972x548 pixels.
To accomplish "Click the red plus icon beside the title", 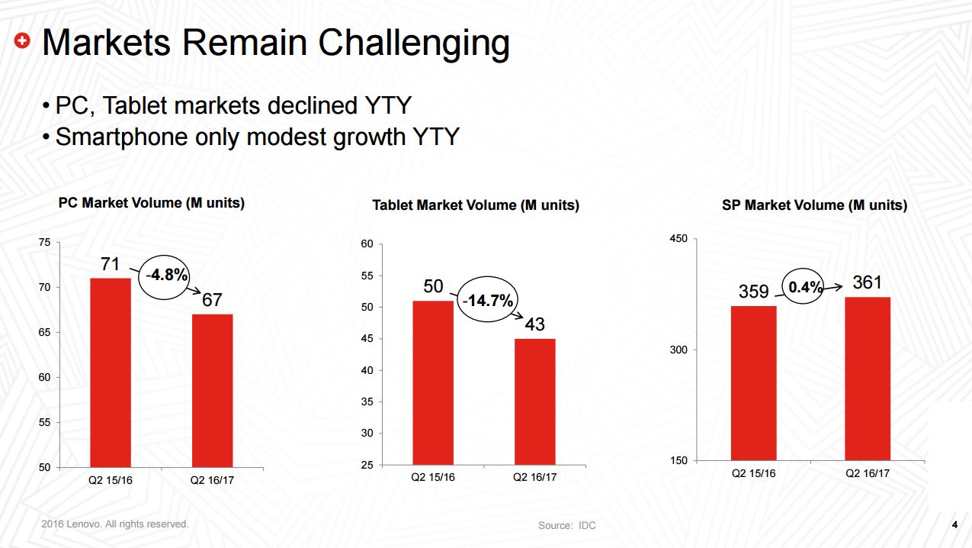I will (24, 42).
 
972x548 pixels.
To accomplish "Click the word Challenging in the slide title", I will (414, 44).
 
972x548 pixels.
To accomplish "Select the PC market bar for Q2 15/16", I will (111, 372).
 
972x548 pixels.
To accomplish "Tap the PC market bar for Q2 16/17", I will (212, 390).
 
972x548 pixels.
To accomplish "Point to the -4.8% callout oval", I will (165, 275).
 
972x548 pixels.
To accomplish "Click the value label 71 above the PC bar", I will (111, 264).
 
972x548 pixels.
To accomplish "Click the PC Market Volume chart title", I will (152, 203).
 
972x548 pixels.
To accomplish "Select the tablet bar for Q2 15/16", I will (433, 382).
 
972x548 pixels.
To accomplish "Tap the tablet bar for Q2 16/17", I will (534, 401).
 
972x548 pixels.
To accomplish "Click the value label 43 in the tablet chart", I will (534, 324).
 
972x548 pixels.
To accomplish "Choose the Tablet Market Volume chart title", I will (476, 205).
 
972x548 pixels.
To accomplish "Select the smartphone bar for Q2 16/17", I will (868, 379).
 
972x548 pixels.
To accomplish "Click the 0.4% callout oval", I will (806, 287).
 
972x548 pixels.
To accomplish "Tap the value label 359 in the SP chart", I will (753, 292).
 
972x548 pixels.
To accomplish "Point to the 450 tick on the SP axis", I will (678, 239).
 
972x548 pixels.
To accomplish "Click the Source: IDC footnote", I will (566, 525).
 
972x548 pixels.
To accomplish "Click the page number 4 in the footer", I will (954, 524).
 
